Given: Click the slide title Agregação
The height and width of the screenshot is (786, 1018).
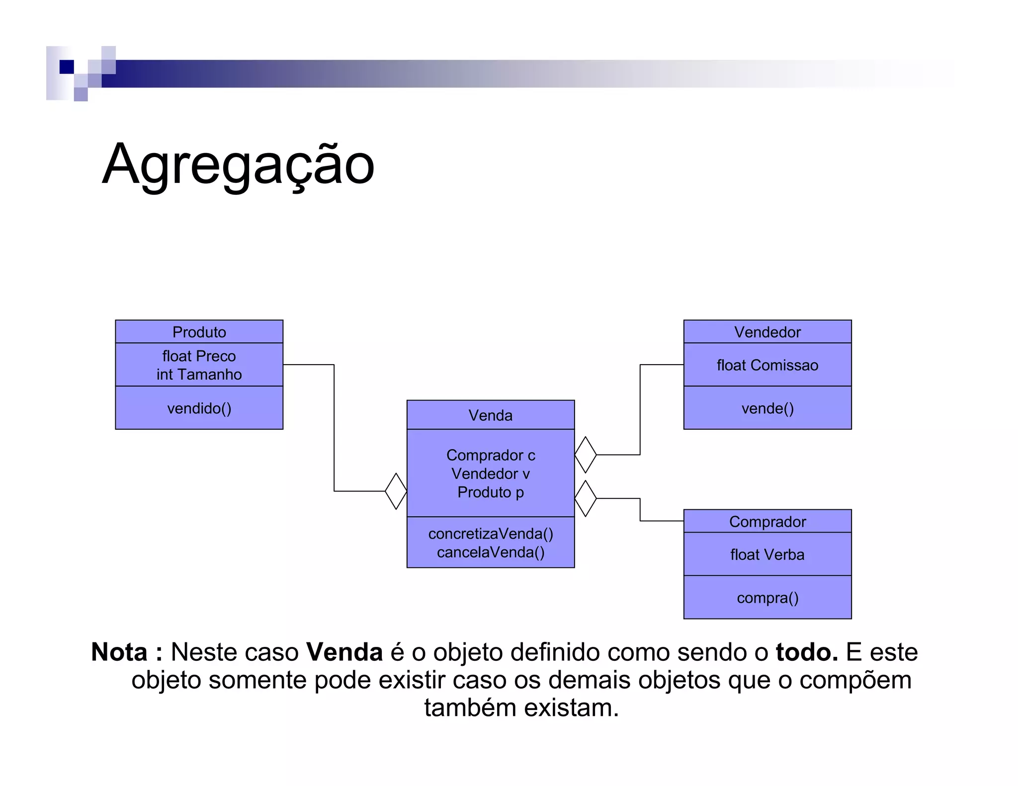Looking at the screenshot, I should click(238, 164).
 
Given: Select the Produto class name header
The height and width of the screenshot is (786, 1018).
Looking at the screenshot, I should click(199, 332).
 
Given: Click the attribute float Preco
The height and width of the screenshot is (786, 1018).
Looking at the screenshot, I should click(199, 356).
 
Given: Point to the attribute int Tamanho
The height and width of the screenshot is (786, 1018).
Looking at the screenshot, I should click(199, 375).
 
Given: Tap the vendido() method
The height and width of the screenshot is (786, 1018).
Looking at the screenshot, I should click(199, 408).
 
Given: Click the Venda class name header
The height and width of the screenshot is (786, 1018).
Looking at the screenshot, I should click(490, 415).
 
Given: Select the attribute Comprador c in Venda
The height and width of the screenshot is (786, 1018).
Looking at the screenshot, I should click(491, 455).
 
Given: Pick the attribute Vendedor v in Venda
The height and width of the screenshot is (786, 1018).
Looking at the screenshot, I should click(491, 474).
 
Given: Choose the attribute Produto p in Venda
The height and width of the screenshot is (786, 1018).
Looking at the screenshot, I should click(491, 492).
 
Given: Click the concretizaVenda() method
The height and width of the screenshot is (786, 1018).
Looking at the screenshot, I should click(491, 534).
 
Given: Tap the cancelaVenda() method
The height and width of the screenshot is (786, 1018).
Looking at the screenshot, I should click(491, 552).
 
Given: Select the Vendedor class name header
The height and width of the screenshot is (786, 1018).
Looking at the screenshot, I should click(767, 332).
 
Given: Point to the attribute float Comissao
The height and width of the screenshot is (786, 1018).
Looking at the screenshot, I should click(767, 366).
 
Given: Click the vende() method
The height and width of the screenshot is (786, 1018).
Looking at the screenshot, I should click(767, 408).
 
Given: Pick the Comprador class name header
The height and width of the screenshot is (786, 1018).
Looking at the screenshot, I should click(767, 522).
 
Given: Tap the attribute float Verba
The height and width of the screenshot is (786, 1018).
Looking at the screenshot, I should click(767, 555).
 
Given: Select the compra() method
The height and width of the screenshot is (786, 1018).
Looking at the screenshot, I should click(767, 598).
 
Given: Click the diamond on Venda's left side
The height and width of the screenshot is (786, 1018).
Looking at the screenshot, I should click(396, 491).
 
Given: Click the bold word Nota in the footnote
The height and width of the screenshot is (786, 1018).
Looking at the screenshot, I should click(119, 652).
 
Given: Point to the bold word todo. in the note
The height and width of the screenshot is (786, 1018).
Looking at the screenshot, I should click(807, 652).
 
